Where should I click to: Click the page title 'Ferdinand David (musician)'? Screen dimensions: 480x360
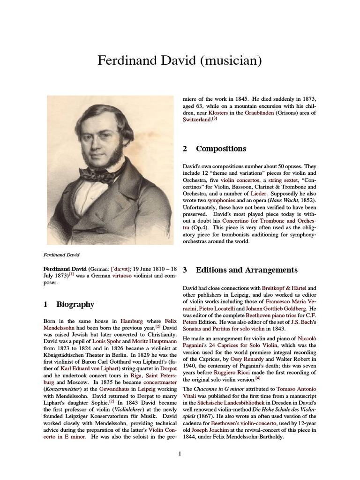pos(180,60)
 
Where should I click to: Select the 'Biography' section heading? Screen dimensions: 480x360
pos(75,304)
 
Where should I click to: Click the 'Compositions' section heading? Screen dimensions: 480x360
pos(220,149)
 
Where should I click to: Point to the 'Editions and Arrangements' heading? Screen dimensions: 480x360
pos(246,270)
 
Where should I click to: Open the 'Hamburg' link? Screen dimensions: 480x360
pos(132,321)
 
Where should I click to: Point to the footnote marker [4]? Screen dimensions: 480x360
pos(258,378)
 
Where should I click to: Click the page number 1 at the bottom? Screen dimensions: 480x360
pos(180,453)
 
